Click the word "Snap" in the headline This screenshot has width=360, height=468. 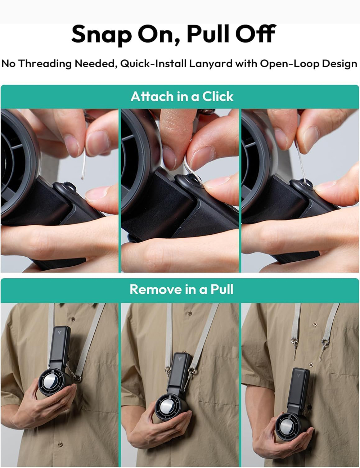(x=101, y=35)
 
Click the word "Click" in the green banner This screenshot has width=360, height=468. (x=218, y=96)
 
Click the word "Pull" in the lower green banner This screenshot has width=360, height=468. (x=222, y=289)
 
